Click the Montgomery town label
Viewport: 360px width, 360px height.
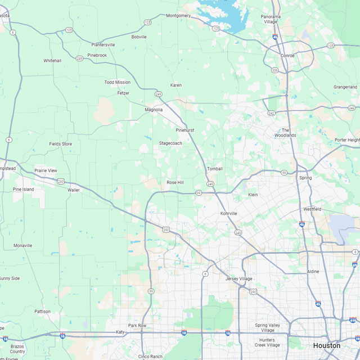pos(178,16)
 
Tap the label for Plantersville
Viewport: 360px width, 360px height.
pos(103,44)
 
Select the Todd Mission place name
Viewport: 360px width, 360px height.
pos(117,82)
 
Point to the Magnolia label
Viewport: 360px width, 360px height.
pos(154,110)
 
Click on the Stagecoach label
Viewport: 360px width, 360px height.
pos(170,143)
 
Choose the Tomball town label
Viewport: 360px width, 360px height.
pos(215,169)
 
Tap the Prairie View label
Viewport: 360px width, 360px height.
pos(46,170)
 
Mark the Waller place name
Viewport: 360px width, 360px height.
pos(74,190)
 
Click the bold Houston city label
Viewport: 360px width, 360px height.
pos(327,345)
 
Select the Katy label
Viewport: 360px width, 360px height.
pos(120,332)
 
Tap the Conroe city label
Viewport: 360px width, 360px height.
pos(288,55)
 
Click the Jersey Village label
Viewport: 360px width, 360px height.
pos(239,279)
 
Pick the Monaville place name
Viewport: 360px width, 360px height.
pos(23,246)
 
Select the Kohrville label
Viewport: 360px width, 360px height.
pos(228,214)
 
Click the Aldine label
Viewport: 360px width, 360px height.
pos(313,271)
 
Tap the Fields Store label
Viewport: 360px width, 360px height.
pos(61,144)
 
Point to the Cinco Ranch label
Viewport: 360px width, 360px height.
pos(150,356)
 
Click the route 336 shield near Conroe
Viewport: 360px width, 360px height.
pos(274,70)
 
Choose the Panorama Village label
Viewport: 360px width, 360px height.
pos(271,19)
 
